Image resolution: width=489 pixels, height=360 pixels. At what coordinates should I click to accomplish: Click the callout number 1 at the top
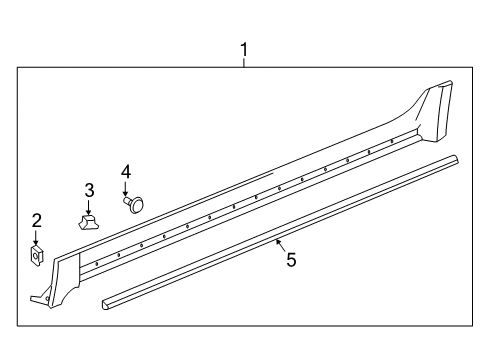coord(243,48)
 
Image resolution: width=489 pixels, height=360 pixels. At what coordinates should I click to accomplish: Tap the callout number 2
coord(37,221)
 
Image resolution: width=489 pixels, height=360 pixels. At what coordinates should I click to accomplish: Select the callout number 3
coord(89,190)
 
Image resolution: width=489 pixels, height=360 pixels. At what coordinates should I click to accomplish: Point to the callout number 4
coord(126,171)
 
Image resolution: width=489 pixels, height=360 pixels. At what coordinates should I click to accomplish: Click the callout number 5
coord(291,260)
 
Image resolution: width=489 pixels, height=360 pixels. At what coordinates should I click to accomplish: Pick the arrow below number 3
coord(89,205)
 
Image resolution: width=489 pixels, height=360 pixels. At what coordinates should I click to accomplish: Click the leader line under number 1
coord(243,61)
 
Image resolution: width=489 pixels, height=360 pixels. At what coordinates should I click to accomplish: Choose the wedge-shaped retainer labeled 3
coord(89,219)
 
